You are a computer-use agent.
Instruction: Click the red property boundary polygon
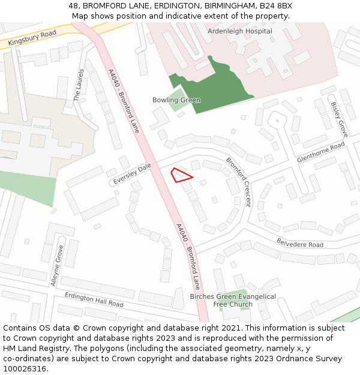pos(181,175)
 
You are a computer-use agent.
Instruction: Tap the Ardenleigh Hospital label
pos(239,31)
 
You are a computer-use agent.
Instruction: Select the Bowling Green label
pos(176,100)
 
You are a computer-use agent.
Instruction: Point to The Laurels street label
pos(79,85)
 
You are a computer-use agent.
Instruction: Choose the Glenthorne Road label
pos(321,152)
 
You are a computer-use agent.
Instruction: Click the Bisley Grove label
pos(339,119)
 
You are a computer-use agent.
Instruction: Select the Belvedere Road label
pos(299,242)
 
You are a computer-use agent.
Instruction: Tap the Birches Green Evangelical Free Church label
pos(233,301)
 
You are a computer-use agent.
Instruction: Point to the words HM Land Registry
pos(34,348)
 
